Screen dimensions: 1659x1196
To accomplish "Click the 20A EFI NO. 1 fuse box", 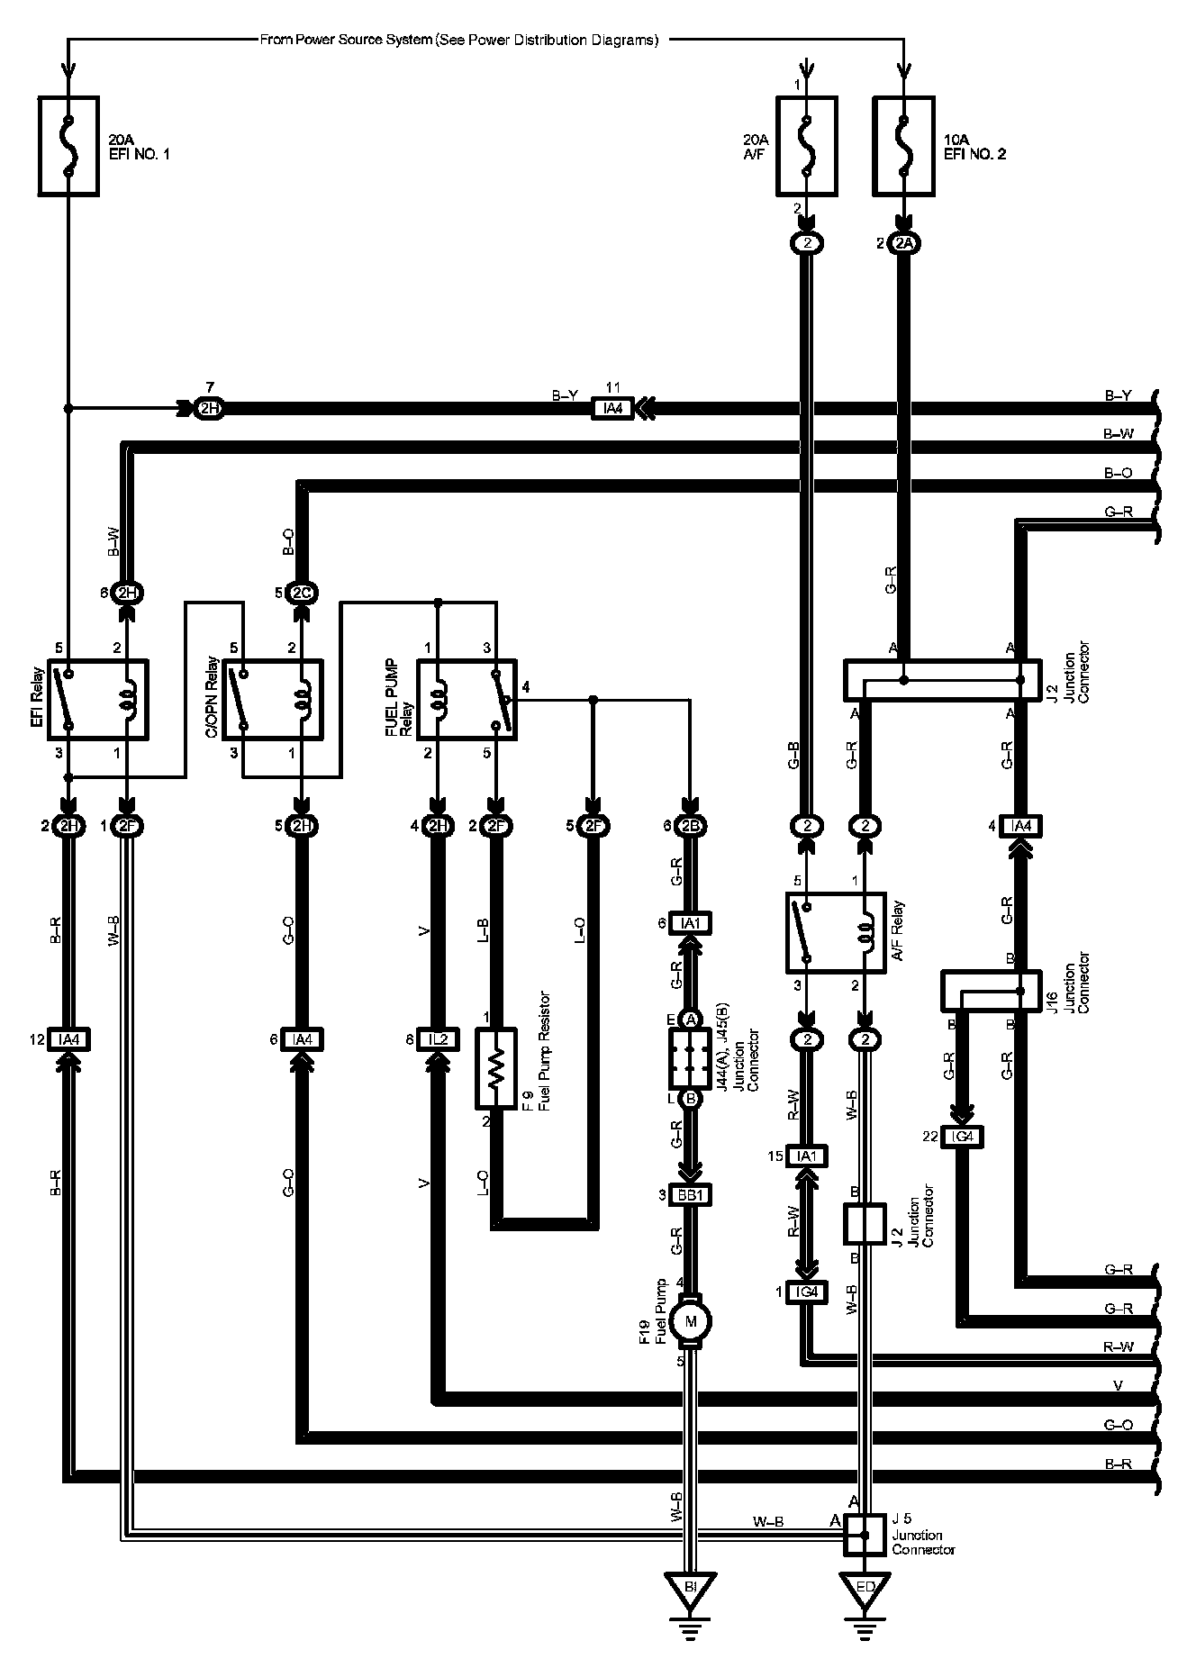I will (68, 148).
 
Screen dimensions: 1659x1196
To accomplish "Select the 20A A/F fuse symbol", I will (806, 148).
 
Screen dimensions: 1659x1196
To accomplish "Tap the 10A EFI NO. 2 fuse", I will (903, 148).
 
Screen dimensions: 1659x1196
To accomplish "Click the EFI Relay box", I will (98, 699).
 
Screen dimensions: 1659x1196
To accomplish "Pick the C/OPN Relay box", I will (273, 699).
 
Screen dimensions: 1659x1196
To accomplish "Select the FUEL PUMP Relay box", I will (467, 699).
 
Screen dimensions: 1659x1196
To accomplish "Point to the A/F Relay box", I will (836, 932).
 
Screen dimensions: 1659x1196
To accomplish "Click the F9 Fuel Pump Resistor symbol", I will (494, 1068).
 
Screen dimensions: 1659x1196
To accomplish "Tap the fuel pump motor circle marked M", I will (691, 1322).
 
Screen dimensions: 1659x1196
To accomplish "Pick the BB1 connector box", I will (692, 1196).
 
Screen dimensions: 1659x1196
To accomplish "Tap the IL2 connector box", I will (438, 1040).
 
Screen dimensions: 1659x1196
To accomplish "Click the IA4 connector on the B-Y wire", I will (612, 409).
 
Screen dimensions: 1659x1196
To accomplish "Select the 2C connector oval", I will (302, 593).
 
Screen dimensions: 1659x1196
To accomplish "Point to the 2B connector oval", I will (691, 826).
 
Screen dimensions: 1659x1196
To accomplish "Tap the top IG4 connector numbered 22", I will (963, 1137).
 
